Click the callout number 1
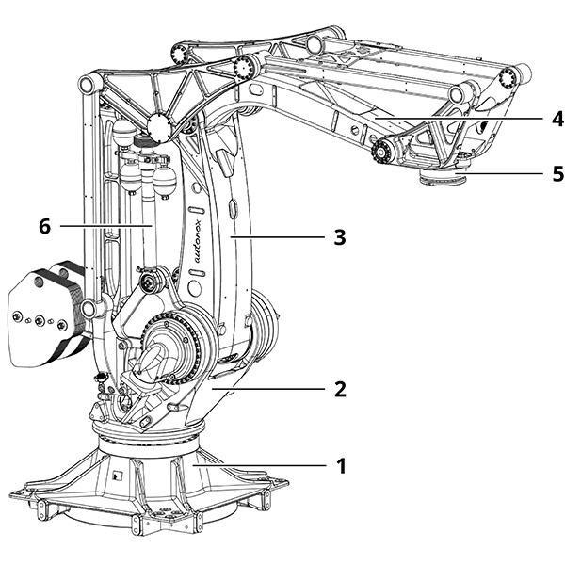pos(342,465)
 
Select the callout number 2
pos(342,388)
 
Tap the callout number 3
pos(340,238)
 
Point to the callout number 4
pos(531,119)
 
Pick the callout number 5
pos(531,173)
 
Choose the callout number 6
pos(42,226)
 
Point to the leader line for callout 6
pos(104,226)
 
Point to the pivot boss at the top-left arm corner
pos(85,85)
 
